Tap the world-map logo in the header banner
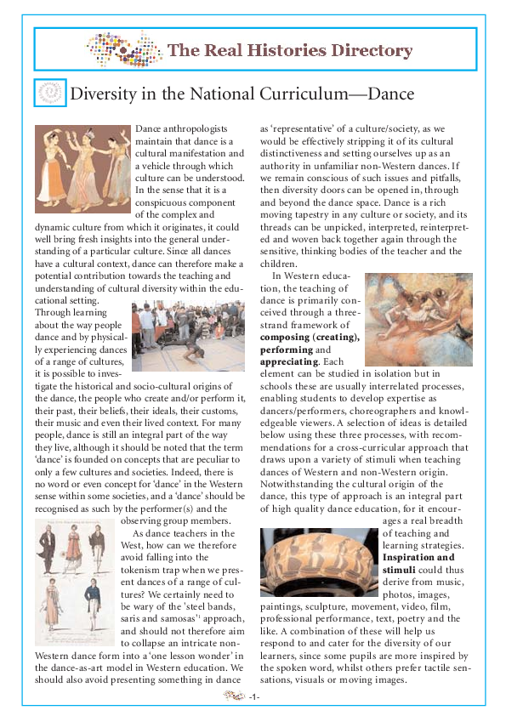pyautogui.click(x=123, y=49)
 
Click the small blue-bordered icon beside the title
pyautogui.click(x=50, y=93)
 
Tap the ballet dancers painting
pyautogui.click(x=418, y=318)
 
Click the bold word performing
pyautogui.click(x=287, y=349)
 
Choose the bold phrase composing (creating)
pyautogui.click(x=310, y=338)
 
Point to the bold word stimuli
pyautogui.click(x=401, y=571)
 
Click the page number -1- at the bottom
pyautogui.click(x=254, y=697)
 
